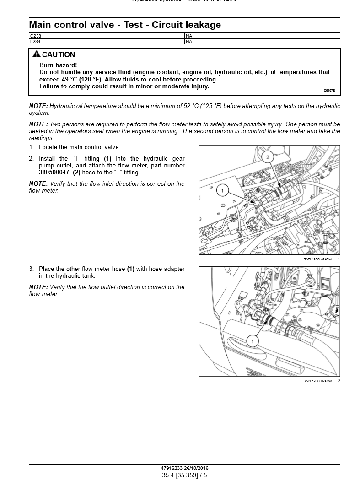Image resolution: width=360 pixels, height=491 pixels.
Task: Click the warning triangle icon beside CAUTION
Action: pyautogui.click(x=37, y=54)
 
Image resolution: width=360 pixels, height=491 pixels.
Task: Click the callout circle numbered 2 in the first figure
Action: pyautogui.click(x=268, y=157)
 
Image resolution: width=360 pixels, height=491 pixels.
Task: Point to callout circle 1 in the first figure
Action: pyautogui.click(x=222, y=190)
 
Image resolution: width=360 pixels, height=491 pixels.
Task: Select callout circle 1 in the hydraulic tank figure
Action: pyautogui.click(x=252, y=341)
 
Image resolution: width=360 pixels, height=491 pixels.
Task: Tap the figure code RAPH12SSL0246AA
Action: pyautogui.click(x=317, y=259)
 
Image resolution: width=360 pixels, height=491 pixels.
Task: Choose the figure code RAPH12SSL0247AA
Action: pyautogui.click(x=317, y=381)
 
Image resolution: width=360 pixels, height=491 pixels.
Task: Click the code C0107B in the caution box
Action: pyautogui.click(x=329, y=91)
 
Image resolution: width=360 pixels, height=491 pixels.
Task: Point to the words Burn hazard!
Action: pyautogui.click(x=58, y=65)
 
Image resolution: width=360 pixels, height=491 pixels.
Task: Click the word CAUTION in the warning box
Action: pyautogui.click(x=59, y=55)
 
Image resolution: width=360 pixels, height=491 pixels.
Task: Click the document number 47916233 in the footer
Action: pyautogui.click(x=172, y=469)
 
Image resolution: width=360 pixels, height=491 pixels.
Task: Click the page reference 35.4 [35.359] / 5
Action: pyautogui.click(x=184, y=475)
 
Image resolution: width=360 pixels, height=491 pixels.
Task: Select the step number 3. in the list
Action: pyautogui.click(x=32, y=269)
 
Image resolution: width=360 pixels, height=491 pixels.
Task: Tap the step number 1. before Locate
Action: pyautogui.click(x=32, y=147)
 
